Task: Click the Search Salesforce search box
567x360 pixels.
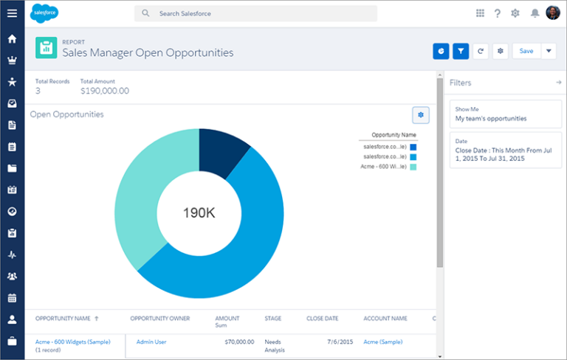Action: pos(255,13)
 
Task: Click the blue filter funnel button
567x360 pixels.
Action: pos(461,51)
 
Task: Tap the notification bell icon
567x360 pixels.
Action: pos(535,13)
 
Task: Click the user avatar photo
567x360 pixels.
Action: pos(553,13)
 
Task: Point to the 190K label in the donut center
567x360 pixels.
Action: pos(199,213)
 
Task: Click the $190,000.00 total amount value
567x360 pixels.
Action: pos(104,91)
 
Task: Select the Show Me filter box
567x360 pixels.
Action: pos(505,114)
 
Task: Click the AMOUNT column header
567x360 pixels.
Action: pos(227,319)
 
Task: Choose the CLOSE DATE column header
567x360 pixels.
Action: pos(322,319)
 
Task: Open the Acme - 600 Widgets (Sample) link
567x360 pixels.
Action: pos(72,342)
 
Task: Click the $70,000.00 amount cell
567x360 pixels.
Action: pos(239,342)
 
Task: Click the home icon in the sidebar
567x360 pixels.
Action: pos(12,38)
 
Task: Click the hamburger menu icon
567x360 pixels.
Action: pos(12,13)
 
